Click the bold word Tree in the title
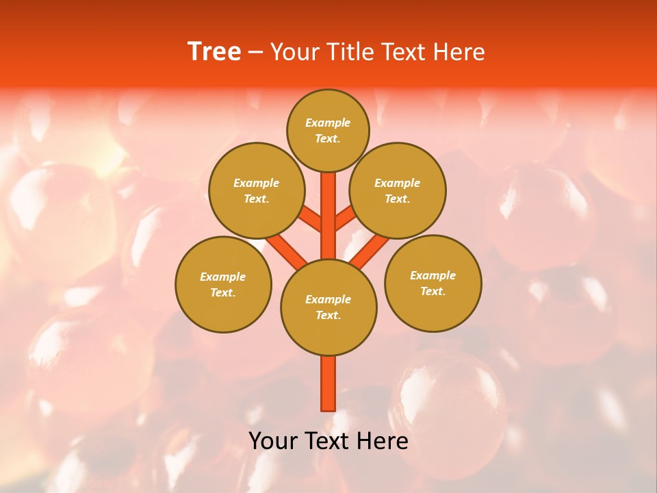click(214, 52)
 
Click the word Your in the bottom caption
click(274, 441)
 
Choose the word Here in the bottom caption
click(383, 441)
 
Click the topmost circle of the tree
click(328, 130)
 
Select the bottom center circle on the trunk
click(328, 307)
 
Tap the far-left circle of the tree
click(223, 284)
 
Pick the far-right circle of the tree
click(433, 283)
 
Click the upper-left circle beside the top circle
click(257, 190)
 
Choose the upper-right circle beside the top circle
click(398, 190)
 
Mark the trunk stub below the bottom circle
click(328, 383)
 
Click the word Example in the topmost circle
click(328, 123)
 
